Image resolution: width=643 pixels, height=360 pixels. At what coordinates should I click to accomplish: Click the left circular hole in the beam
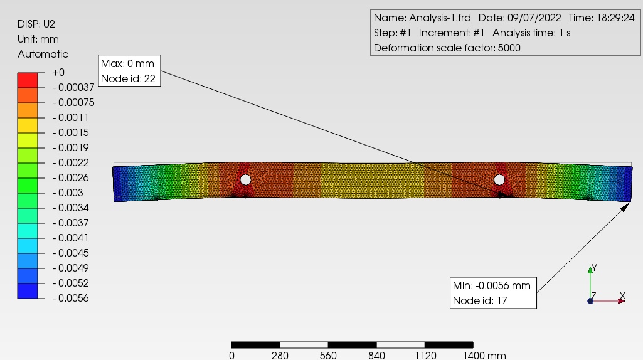pyautogui.click(x=245, y=179)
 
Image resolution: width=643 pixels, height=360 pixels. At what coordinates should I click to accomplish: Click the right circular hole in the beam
pyautogui.click(x=499, y=179)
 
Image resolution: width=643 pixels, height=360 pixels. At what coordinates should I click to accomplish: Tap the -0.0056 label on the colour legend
pyautogui.click(x=70, y=298)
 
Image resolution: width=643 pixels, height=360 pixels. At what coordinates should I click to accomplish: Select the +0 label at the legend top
pyautogui.click(x=58, y=73)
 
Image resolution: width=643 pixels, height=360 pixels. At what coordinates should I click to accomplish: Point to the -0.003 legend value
pyautogui.click(x=68, y=193)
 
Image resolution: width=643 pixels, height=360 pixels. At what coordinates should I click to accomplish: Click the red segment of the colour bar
pyautogui.click(x=28, y=80)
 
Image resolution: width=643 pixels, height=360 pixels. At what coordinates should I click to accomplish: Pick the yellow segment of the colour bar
pyautogui.click(x=28, y=125)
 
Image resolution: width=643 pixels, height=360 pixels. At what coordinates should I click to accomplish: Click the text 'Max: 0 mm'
pyautogui.click(x=127, y=63)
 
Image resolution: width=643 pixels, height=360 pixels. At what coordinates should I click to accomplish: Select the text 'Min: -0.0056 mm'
pyautogui.click(x=492, y=285)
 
